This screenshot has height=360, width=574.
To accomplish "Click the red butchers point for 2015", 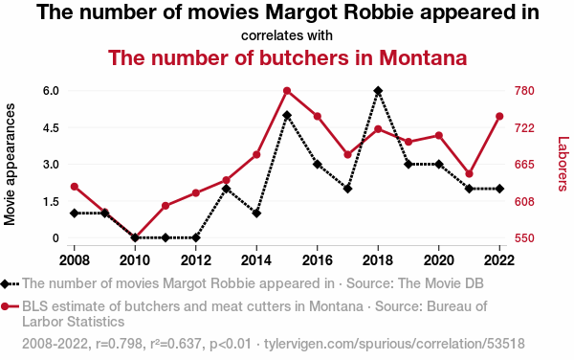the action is pos(287,91).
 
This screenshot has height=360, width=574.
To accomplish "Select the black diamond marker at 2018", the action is pos(378,91).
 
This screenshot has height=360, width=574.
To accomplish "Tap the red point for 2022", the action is pos(499,117).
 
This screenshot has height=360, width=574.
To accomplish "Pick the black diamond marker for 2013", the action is pos(226,189).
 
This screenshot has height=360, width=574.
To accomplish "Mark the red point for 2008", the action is pos(75,187).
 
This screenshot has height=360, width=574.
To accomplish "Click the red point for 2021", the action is pos(470,174).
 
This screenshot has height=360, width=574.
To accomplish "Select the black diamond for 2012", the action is pos(196,237).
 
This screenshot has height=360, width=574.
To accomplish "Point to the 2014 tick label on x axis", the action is pos(256,260).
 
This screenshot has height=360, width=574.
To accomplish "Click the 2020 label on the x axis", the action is pos(438,260).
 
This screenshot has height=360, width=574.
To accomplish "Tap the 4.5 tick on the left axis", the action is pos(52,128).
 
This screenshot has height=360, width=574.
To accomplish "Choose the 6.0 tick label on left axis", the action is pos(52,91).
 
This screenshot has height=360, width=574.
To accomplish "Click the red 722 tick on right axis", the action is pos(524,128).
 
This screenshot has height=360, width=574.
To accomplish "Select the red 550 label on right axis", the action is pos(524,238).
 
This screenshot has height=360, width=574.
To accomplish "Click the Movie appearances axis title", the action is pos(10,165).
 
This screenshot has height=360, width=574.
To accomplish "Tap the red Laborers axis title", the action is pos(563,164).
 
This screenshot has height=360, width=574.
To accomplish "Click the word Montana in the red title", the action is pos(423,57).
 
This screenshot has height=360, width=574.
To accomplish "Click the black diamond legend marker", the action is pos(5,283).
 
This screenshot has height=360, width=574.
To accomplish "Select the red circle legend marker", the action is pos(5,306).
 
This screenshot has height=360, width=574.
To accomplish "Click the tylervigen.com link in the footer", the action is pos(394,344).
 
